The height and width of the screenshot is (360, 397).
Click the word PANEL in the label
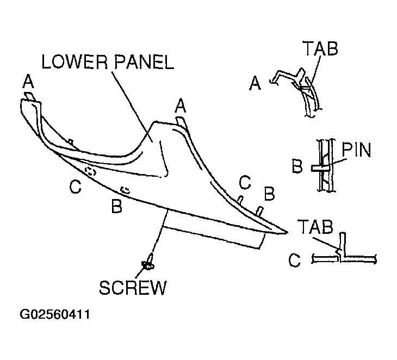[144, 62]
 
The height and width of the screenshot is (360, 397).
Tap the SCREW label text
[133, 288]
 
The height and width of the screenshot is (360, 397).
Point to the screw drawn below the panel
[148, 263]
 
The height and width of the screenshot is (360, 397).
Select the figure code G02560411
[55, 314]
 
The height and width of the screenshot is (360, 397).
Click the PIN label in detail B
[356, 150]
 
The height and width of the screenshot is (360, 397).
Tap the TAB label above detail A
[320, 48]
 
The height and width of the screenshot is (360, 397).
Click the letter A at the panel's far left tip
[28, 82]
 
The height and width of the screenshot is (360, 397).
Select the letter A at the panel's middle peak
[180, 105]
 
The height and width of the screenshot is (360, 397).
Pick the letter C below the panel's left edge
[75, 187]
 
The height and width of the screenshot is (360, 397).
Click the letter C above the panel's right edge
[245, 182]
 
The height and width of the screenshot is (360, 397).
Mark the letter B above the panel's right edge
[269, 194]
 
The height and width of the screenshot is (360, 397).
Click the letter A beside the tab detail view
[255, 83]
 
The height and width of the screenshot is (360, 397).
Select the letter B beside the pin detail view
[297, 166]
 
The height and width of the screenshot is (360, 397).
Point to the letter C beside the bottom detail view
[294, 260]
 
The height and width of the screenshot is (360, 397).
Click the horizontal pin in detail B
[320, 168]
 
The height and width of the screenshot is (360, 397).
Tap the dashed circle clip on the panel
[90, 171]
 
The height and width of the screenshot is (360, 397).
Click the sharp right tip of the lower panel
[287, 232]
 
